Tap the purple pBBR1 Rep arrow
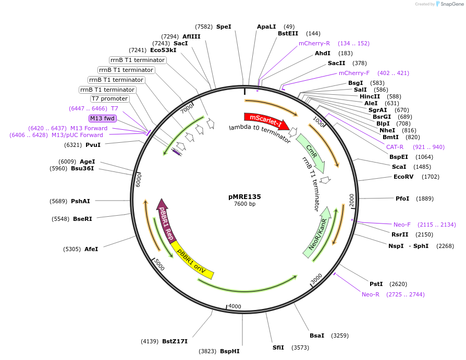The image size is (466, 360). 166,219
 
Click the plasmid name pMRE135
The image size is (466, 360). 244,197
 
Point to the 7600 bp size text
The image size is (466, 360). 244,204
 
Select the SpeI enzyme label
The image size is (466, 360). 224,27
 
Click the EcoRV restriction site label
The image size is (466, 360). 403,177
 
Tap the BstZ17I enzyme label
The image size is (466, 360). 175,341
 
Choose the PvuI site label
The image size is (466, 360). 93,145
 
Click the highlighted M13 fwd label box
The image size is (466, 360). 102,118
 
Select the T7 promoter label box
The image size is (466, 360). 109,99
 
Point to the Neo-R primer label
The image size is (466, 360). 371,294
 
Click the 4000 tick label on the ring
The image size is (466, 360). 235,306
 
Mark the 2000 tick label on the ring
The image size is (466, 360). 352,201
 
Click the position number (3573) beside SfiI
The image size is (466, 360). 300,347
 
